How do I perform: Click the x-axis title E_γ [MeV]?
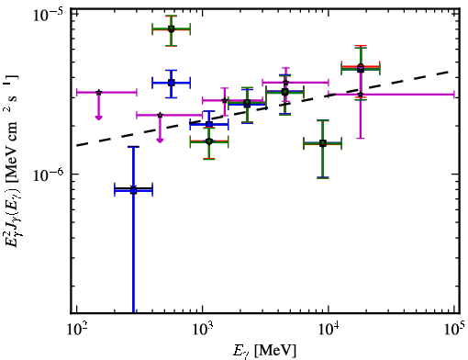coord(264,351)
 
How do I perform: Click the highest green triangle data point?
coord(171,29)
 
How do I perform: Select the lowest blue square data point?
coord(133,191)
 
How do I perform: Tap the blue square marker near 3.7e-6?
coord(172,83)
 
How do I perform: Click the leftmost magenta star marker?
coord(98,92)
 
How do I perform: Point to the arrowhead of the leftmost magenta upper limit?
coord(98,118)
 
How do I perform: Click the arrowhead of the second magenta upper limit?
coord(160,141)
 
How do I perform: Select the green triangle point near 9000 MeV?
coord(322,143)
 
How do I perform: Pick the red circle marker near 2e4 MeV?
coord(361,67)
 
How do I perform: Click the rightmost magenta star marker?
coord(361,95)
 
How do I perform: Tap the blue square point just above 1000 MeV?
coord(209,124)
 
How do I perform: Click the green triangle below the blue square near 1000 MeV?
coord(209,141)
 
